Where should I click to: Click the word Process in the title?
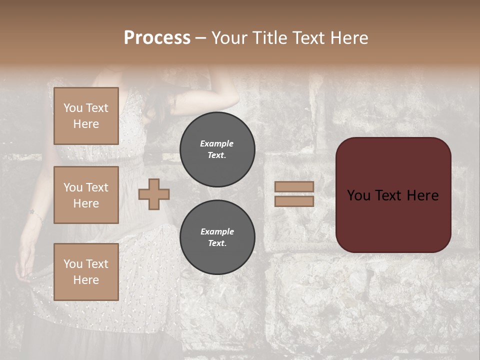[157, 38]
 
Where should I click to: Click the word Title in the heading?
[267, 38]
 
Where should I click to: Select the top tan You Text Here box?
[86, 116]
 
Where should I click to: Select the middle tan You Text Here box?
[86, 195]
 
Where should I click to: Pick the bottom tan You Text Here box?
[86, 271]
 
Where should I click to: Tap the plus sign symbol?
[154, 194]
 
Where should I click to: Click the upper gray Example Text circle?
[217, 149]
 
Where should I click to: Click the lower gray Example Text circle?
[217, 237]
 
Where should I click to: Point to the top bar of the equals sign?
[294, 186]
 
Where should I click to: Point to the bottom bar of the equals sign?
[294, 201]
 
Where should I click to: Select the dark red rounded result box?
[393, 195]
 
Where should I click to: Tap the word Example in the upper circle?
[217, 143]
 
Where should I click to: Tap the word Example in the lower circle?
[217, 231]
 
